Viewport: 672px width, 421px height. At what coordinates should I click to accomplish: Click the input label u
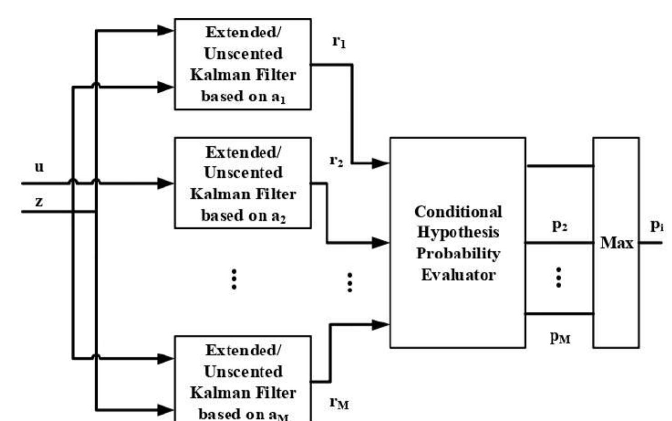click(40, 167)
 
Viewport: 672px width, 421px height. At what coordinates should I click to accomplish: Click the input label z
click(39, 201)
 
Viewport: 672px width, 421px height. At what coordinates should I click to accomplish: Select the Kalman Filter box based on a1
click(243, 64)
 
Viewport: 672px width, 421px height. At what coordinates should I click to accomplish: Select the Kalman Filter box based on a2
click(243, 183)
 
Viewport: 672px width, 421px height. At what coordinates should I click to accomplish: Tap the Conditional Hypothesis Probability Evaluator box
click(458, 242)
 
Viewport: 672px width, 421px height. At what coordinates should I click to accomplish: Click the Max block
click(616, 242)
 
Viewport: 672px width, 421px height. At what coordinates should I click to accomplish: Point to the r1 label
click(339, 42)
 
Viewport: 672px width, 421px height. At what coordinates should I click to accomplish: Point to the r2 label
click(336, 161)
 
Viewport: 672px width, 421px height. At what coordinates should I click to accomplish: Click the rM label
click(339, 403)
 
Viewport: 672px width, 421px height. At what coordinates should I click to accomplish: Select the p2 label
click(559, 225)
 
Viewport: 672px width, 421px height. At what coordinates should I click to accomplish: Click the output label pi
click(656, 226)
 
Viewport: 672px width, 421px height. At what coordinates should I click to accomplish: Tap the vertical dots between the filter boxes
click(234, 279)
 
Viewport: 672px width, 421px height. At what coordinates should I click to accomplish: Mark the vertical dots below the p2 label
click(559, 277)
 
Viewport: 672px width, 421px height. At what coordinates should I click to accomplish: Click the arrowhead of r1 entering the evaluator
click(381, 163)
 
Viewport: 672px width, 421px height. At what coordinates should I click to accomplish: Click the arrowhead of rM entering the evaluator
click(381, 325)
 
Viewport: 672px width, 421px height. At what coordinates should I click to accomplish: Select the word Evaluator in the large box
click(458, 275)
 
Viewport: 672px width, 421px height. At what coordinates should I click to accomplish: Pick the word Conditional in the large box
click(458, 212)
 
